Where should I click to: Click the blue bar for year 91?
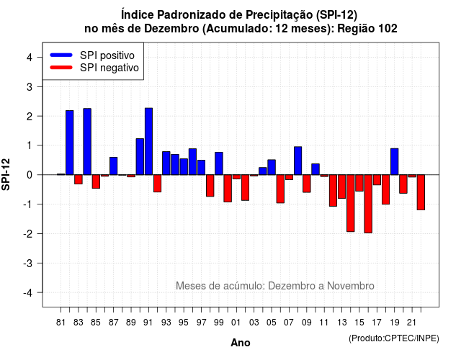[149, 141]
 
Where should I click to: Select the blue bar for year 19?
[395, 161]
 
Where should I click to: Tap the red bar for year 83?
[79, 179]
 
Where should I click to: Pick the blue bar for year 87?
[114, 166]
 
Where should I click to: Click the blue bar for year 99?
[219, 163]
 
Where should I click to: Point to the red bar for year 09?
[307, 184]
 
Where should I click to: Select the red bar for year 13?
[341, 186]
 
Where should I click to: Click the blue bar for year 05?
[272, 167]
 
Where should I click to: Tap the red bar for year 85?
[96, 181]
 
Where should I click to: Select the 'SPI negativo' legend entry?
[94, 68]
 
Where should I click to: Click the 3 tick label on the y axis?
[30, 86]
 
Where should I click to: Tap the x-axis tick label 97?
[202, 323]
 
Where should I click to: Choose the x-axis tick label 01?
[236, 323]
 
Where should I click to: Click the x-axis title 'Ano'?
[241, 343]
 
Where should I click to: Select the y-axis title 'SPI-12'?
[6, 174]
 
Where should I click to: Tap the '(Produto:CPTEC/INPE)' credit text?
[394, 338]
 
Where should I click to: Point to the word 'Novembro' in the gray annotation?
[351, 286]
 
